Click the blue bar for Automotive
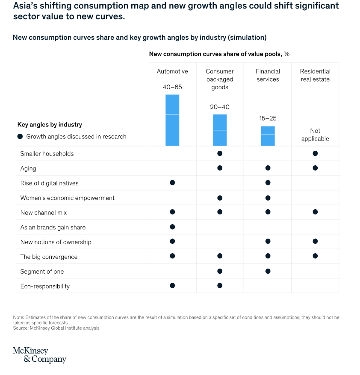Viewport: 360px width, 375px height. coord(172,120)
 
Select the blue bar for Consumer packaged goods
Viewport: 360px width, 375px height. coord(220,130)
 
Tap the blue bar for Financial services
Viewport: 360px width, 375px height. coord(268,136)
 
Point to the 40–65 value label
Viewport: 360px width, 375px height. coord(172,87)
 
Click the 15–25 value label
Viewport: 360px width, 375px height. coord(268,118)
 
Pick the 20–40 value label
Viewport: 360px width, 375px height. coord(220,107)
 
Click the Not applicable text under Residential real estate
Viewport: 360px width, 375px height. coord(315,135)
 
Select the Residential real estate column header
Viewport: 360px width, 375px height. coord(315,75)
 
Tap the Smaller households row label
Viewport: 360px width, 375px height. coord(47,154)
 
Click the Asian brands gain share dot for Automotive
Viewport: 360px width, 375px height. coord(172,226)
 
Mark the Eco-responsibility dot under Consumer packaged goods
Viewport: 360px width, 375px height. coord(220,285)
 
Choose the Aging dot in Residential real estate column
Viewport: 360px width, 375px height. coord(315,168)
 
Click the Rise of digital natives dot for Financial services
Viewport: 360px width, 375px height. coord(268,183)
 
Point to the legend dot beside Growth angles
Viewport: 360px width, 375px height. coord(20,137)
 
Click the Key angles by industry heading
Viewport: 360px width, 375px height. coord(50,125)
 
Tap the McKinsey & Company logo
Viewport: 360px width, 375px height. coord(39,355)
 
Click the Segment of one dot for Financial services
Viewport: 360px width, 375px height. coord(268,271)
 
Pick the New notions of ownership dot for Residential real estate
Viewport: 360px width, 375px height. coord(315,241)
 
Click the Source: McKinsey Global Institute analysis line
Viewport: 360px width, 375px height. coord(56,328)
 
